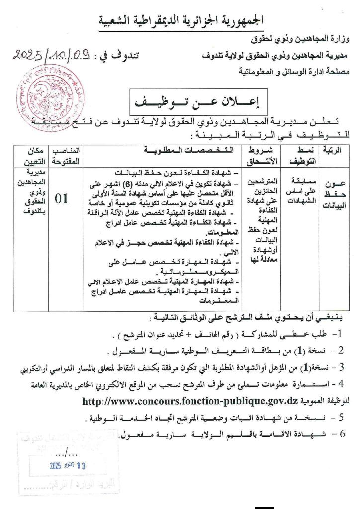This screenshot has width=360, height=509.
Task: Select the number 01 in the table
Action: [62, 199]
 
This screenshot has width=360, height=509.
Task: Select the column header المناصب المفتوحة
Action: [62, 155]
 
